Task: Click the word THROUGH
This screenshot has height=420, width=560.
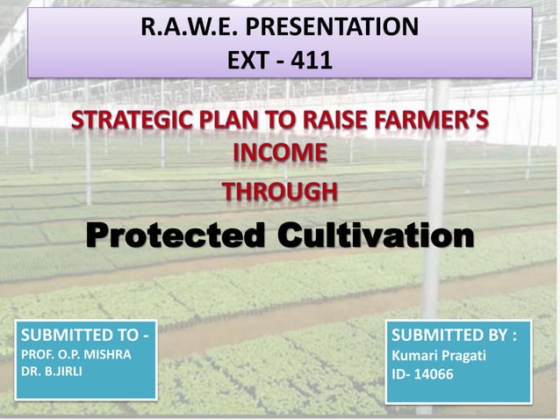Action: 279,190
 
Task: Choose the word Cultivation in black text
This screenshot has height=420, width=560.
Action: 375,235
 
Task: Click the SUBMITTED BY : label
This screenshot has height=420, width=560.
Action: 454,335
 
